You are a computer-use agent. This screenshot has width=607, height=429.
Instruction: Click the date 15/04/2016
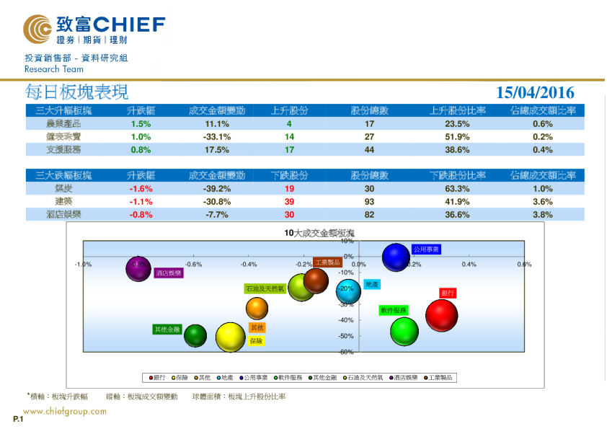[x=535, y=92]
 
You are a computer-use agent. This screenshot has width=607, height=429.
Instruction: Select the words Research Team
[x=54, y=69]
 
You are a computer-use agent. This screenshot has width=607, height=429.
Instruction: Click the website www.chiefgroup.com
[x=65, y=412]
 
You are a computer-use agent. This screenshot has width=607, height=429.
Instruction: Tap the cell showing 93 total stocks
[x=369, y=201]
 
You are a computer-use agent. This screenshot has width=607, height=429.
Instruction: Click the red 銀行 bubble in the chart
[x=442, y=315]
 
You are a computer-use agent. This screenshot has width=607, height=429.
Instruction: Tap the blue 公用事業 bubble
[x=396, y=257]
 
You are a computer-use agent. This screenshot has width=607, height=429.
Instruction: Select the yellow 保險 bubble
[x=231, y=337]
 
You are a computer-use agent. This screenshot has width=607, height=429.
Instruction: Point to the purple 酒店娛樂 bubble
[x=140, y=268]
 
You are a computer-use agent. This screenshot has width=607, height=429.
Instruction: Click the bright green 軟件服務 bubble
[x=404, y=331]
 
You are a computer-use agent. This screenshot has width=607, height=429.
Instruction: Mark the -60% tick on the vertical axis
[x=346, y=352]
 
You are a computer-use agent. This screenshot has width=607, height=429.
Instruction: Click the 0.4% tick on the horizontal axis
[x=469, y=265]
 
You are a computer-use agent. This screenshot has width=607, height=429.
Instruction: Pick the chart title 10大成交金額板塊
[x=319, y=233]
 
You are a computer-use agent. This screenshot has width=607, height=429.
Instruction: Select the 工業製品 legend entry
[x=441, y=377]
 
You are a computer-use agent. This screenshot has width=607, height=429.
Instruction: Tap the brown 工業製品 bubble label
[x=327, y=262]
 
